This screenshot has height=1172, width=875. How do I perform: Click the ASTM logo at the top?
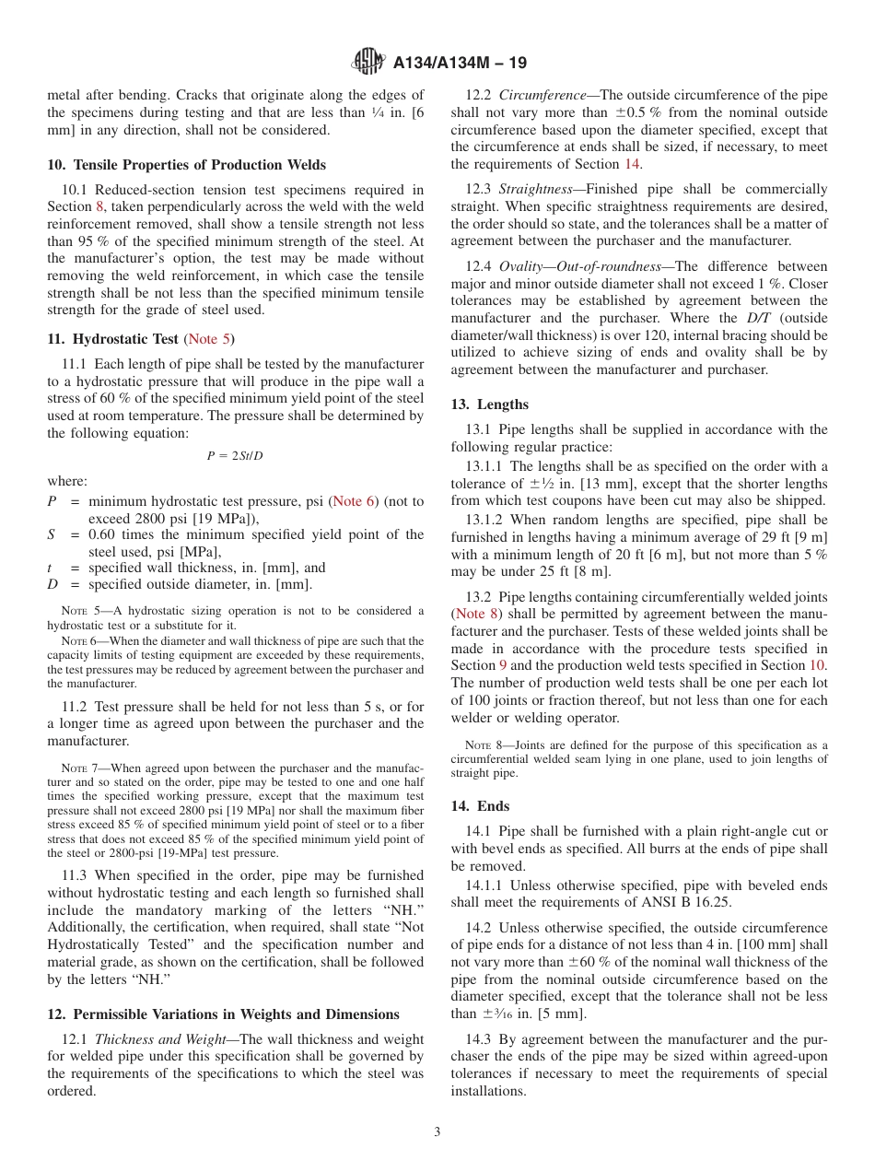pyautogui.click(x=368, y=63)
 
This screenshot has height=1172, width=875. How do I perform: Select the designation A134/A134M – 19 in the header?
pyautogui.click(x=460, y=64)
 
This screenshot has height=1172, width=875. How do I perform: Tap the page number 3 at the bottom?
pyautogui.click(x=437, y=1131)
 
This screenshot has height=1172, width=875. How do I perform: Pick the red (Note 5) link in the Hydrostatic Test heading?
pyautogui.click(x=210, y=339)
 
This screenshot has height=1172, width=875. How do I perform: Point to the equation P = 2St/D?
pyautogui.click(x=235, y=455)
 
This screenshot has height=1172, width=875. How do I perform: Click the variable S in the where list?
pyautogui.click(x=52, y=534)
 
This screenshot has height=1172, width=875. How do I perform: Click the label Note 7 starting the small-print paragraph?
pyautogui.click(x=74, y=768)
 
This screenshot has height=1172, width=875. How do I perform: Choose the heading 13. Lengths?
pyautogui.click(x=489, y=404)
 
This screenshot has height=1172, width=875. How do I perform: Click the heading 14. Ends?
pyautogui.click(x=480, y=806)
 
